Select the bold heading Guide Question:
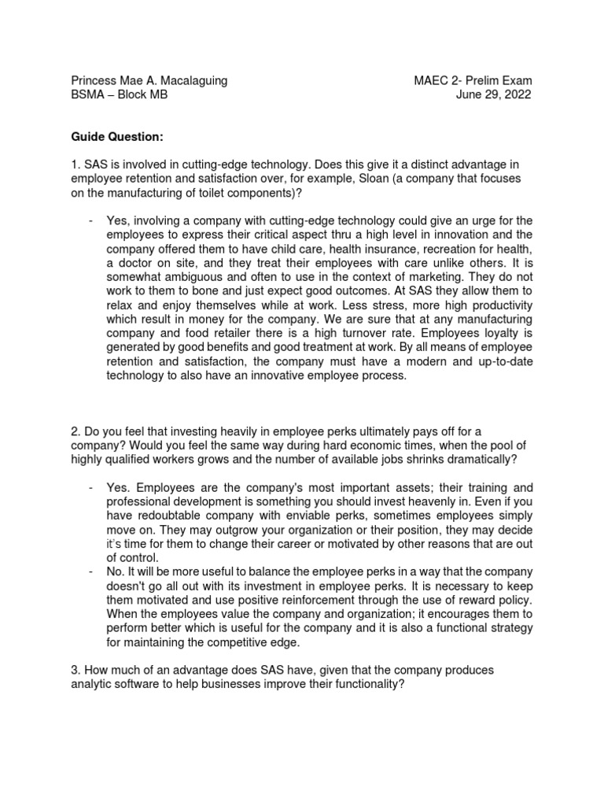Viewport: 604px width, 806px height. tap(117, 138)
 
